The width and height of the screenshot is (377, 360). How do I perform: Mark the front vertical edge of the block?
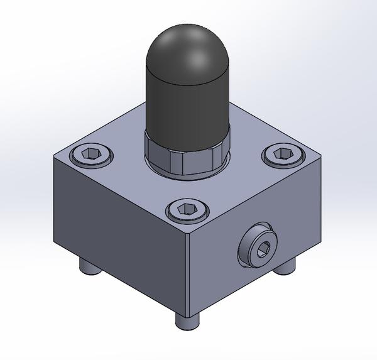pyautogui.click(x=187, y=276)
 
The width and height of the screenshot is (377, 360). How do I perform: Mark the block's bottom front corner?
pyautogui.click(x=187, y=316)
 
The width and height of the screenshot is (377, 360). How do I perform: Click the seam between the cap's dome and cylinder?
pyautogui.click(x=187, y=84)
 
